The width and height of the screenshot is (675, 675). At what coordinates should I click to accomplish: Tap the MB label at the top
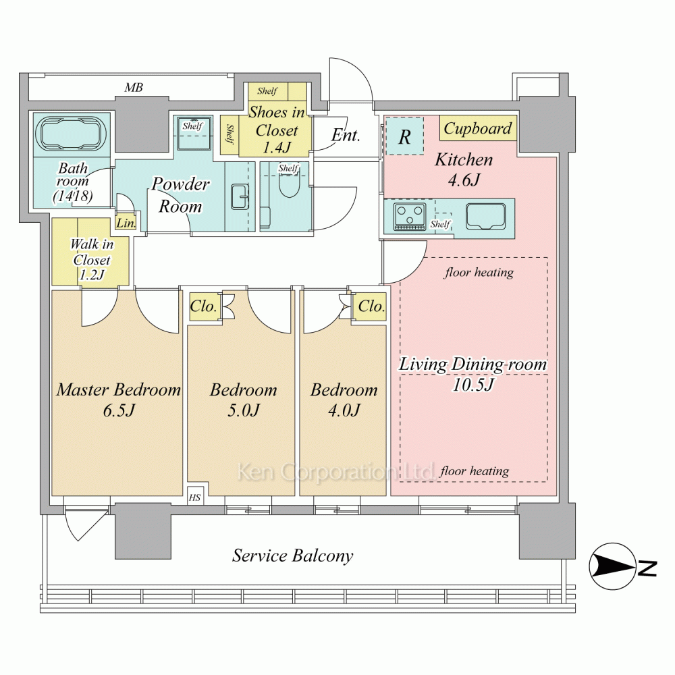pos(133,88)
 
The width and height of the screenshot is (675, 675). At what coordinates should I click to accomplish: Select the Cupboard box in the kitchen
pos(477,128)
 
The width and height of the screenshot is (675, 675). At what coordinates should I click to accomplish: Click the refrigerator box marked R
pos(404,137)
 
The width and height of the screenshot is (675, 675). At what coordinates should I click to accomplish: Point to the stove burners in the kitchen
pos(410,216)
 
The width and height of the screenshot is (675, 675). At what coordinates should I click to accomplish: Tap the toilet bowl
pos(289,186)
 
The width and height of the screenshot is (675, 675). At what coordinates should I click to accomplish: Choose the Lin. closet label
pos(126,223)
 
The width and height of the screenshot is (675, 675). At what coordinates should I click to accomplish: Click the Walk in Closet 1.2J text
pos(92,260)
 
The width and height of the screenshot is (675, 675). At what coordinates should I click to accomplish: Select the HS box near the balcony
pos(195,497)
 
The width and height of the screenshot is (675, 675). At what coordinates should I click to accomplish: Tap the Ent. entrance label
pos(345,135)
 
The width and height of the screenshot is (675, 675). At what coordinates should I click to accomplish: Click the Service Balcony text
pos(292,556)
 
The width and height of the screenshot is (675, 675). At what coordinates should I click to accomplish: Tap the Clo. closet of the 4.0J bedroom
pos(371,306)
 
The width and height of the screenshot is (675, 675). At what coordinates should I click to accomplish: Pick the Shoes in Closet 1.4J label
pos(277,128)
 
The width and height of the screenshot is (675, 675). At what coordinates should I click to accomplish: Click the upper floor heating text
pos(479,273)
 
